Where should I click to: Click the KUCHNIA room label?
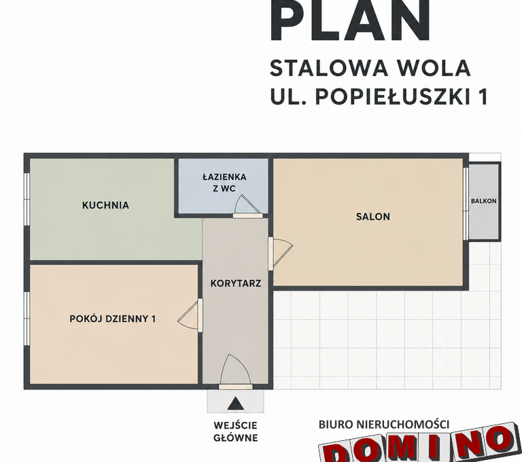[105, 205]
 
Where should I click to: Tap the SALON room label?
[373, 217]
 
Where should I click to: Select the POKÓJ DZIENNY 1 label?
[113, 319]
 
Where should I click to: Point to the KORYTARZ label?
[236, 283]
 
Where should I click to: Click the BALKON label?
[483, 201]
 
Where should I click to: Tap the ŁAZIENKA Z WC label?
[224, 183]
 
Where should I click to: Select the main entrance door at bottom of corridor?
[235, 372]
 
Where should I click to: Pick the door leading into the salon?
[280, 253]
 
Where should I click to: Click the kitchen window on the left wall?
[27, 199]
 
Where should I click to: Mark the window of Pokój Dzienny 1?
[27, 319]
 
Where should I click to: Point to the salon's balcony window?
[466, 203]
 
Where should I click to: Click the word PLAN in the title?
[350, 20]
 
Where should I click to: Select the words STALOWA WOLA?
[370, 68]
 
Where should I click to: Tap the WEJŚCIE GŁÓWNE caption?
[236, 431]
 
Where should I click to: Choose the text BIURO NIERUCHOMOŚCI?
[384, 425]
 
